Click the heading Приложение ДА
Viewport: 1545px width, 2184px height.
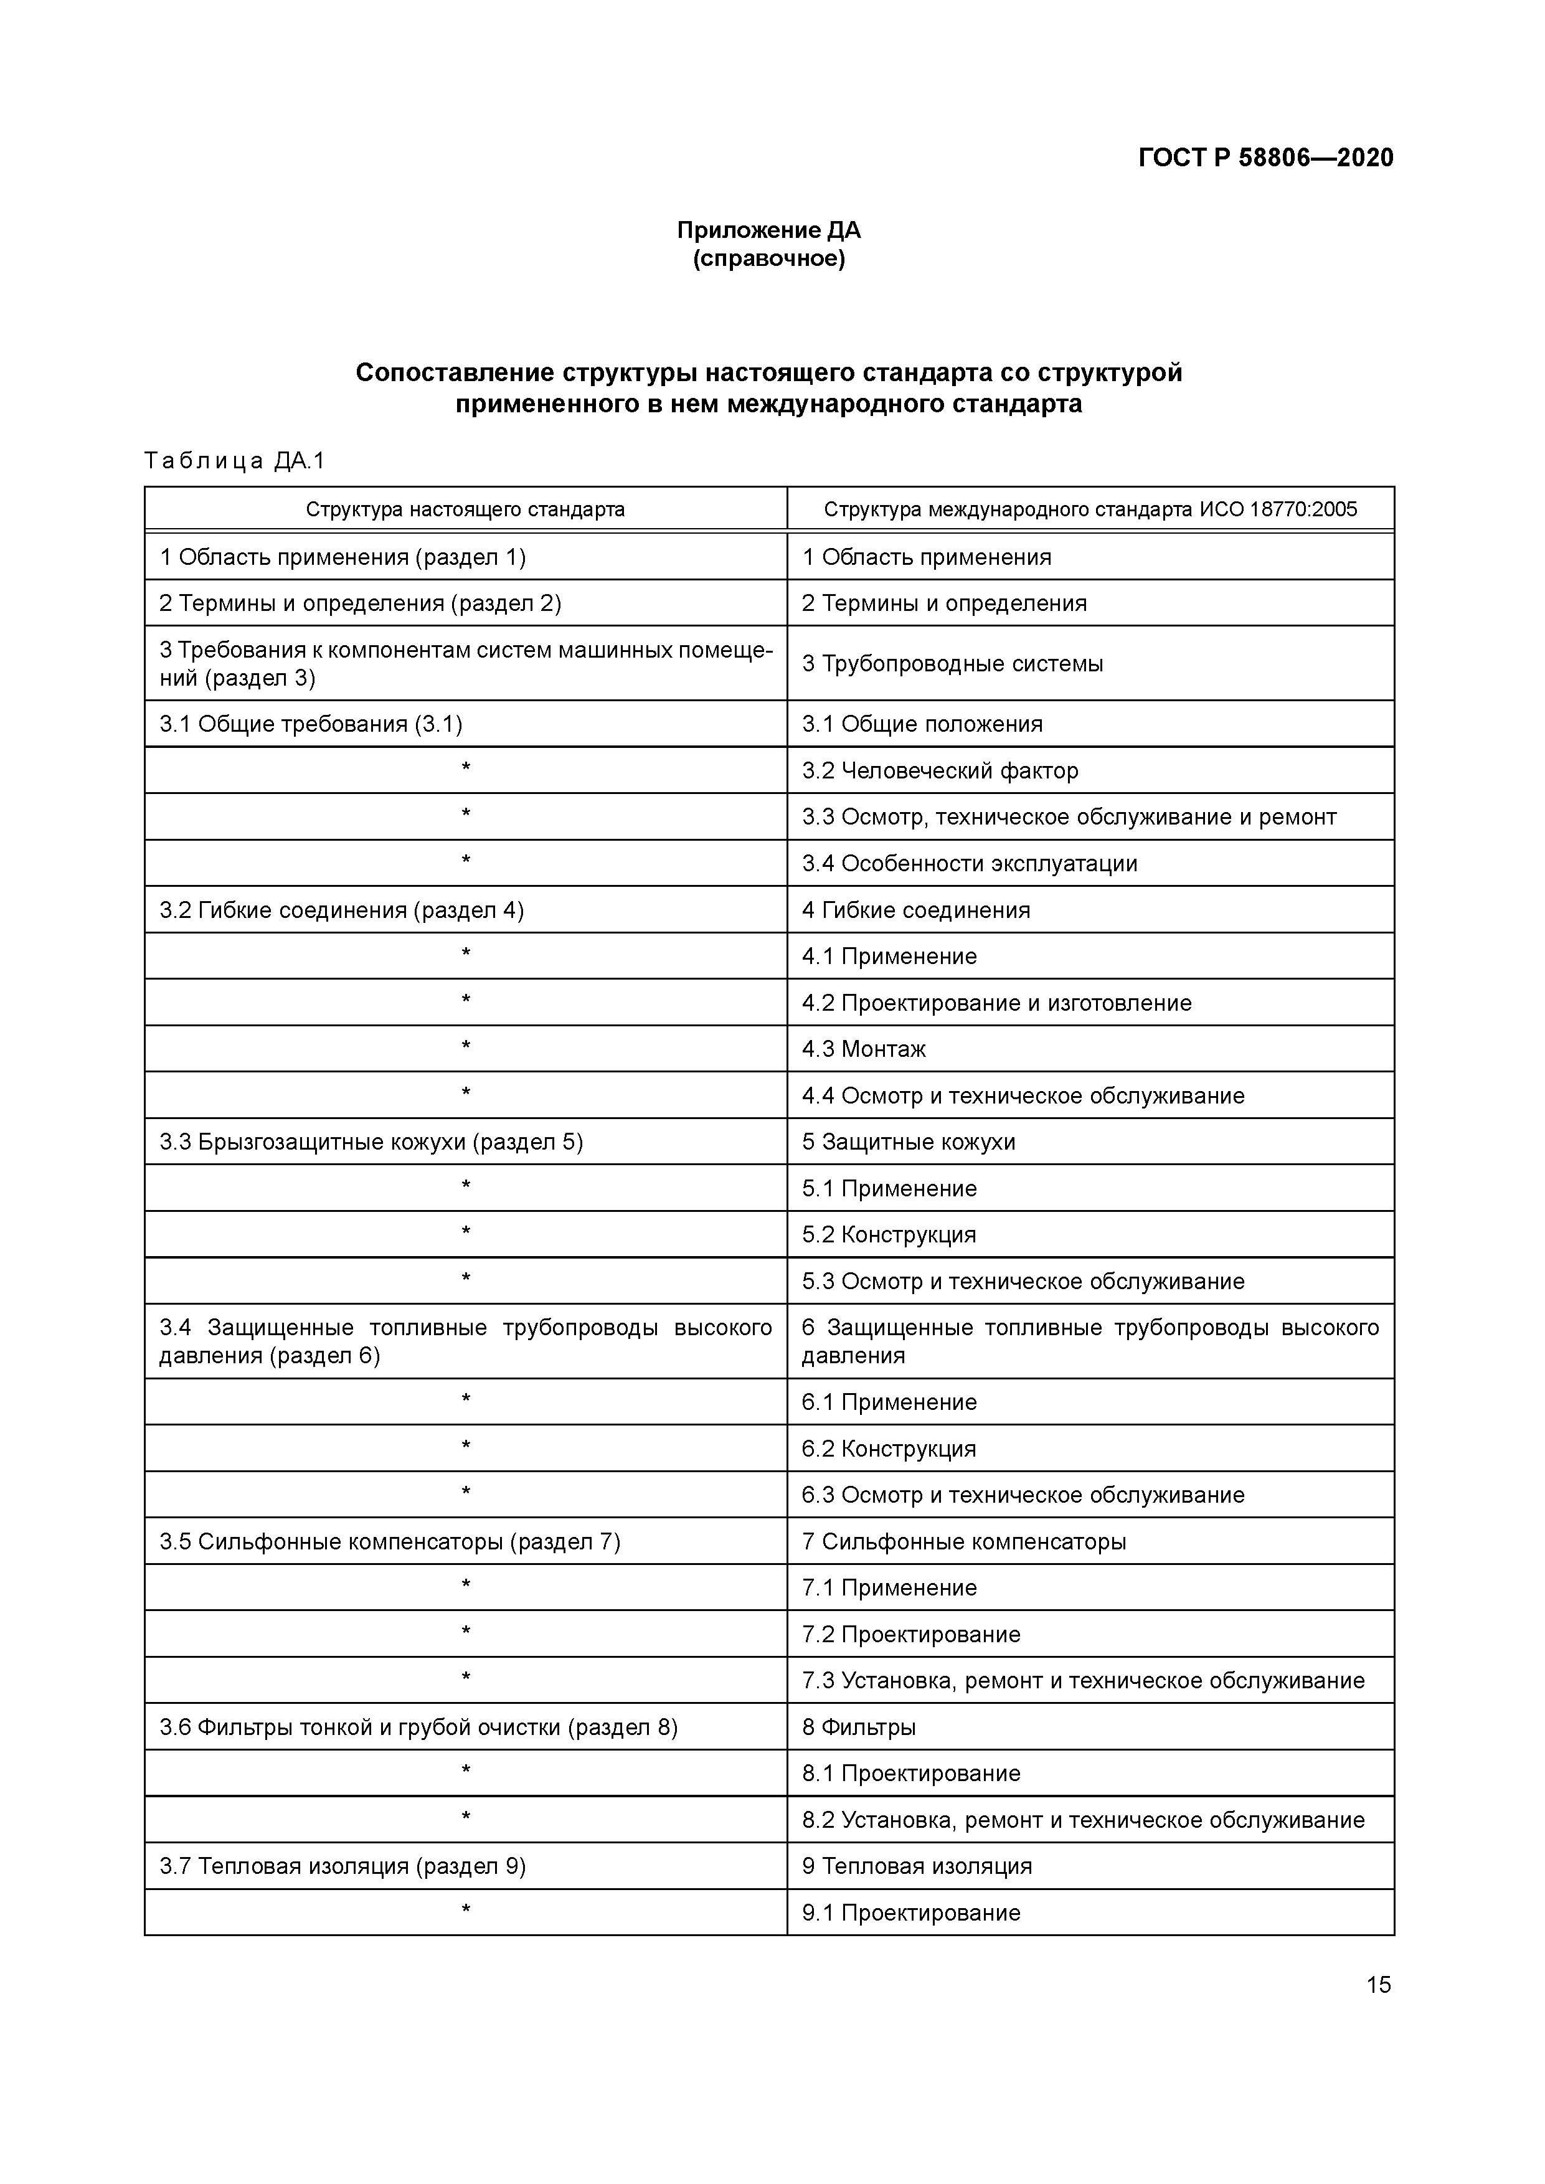coord(768,230)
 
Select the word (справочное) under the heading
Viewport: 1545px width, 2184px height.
coord(768,258)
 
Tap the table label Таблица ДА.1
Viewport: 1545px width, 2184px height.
coord(235,461)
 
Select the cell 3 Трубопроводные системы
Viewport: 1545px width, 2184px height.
coord(952,664)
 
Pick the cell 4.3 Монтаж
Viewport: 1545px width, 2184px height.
coord(863,1049)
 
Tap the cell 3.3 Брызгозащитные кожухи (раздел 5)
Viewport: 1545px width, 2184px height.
coord(371,1142)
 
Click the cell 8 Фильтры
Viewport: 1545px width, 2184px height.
coord(858,1728)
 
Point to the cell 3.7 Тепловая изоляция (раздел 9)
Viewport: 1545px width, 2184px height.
coord(343,1866)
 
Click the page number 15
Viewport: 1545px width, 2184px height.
coord(1377,1985)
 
